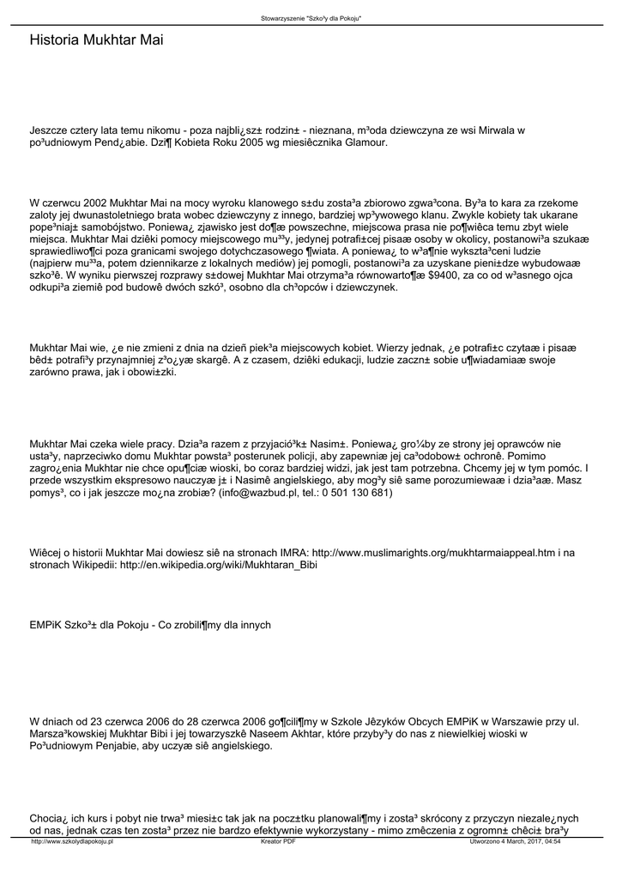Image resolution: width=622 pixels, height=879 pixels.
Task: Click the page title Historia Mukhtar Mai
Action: click(96, 40)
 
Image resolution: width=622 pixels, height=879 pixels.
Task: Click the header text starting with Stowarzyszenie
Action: click(311, 18)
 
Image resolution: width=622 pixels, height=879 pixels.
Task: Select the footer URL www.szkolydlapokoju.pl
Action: click(72, 842)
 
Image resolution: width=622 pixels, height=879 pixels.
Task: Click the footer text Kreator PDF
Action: click(277, 842)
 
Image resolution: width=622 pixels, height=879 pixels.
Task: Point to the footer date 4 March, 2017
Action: click(522, 842)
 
